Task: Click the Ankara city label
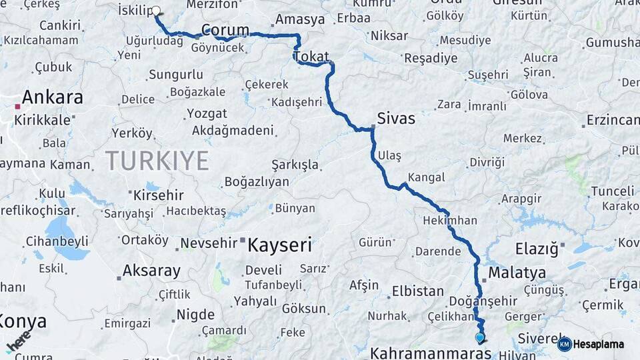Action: (53, 97)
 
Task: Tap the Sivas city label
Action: (396, 119)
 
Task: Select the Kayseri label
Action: (279, 245)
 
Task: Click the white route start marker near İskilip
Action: (157, 11)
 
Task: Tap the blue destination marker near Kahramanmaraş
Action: (479, 337)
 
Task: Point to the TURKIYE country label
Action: (157, 161)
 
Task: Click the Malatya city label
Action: (517, 273)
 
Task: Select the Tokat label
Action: (311, 55)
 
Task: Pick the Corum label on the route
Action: (225, 30)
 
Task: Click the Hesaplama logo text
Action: (599, 344)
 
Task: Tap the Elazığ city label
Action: (536, 249)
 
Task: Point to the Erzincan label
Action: (613, 121)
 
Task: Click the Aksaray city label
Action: (151, 271)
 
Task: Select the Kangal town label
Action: (426, 177)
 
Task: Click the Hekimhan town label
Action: (450, 220)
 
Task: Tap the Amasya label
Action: (299, 19)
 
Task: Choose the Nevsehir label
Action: (209, 243)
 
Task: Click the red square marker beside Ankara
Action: (18, 105)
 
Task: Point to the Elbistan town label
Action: (418, 291)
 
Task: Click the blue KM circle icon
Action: (564, 344)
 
